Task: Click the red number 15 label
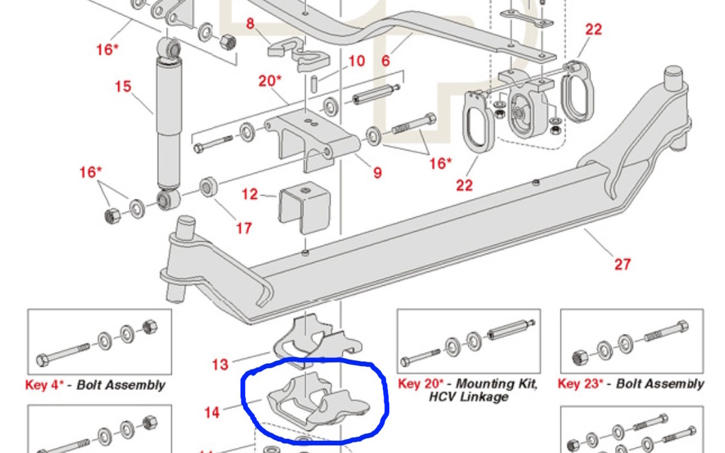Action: (122, 86)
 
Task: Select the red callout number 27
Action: (622, 264)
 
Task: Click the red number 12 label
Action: (249, 194)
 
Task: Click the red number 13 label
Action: (220, 365)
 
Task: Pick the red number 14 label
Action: (212, 411)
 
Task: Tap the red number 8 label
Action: (250, 24)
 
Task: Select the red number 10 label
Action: (356, 62)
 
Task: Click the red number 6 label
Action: (385, 61)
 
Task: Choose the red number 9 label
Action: (377, 172)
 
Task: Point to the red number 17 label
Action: (244, 228)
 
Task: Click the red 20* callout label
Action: (269, 81)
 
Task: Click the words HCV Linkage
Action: (468, 397)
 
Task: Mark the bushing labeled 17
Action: (209, 187)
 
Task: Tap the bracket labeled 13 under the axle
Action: (312, 340)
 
